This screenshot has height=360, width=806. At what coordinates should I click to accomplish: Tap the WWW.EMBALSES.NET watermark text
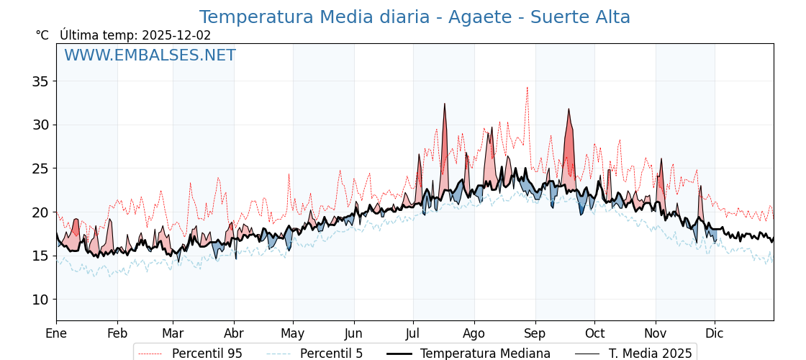[x=150, y=55]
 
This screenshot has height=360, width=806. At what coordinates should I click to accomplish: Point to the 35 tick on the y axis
[x=40, y=81]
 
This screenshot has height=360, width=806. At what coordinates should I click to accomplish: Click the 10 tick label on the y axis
[x=40, y=300]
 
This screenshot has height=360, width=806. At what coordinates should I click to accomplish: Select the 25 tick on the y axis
[x=40, y=168]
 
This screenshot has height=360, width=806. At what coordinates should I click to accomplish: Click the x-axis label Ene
[x=56, y=333]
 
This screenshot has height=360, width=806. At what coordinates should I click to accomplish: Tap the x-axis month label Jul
[x=413, y=333]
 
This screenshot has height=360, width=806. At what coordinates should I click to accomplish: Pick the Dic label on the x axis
[x=715, y=333]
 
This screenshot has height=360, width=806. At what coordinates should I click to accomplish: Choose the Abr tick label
[x=234, y=333]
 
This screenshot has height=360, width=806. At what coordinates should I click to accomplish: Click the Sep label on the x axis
[x=535, y=333]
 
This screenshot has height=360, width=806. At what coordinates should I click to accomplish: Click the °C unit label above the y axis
[x=42, y=35]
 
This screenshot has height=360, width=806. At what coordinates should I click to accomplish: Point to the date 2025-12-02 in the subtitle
[x=176, y=35]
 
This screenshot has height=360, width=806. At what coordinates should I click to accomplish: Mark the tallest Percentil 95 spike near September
[x=527, y=89]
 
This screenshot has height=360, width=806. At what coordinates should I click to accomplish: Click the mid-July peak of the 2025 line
[x=445, y=104]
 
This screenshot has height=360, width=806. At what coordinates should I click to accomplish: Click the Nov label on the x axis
[x=656, y=333]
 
